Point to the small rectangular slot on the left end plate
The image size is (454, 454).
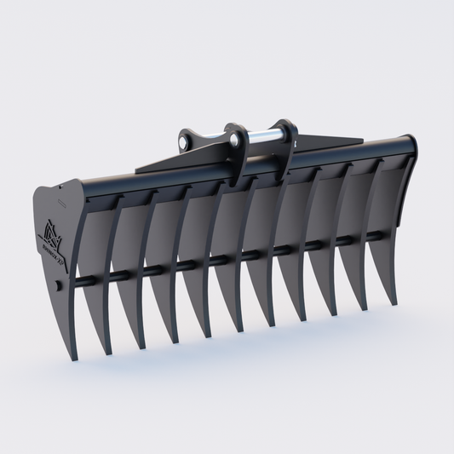tap(60, 203)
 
